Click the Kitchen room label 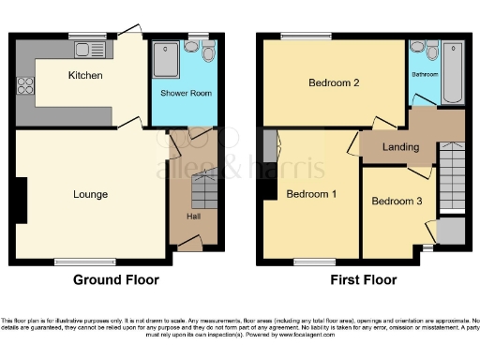click(x=84, y=75)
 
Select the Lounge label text click(x=91, y=195)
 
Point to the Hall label click(x=192, y=217)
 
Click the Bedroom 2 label click(x=335, y=82)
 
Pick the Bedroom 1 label click(x=312, y=195)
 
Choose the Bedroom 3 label click(x=397, y=202)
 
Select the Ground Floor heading click(x=116, y=279)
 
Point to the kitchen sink click(x=91, y=48)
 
